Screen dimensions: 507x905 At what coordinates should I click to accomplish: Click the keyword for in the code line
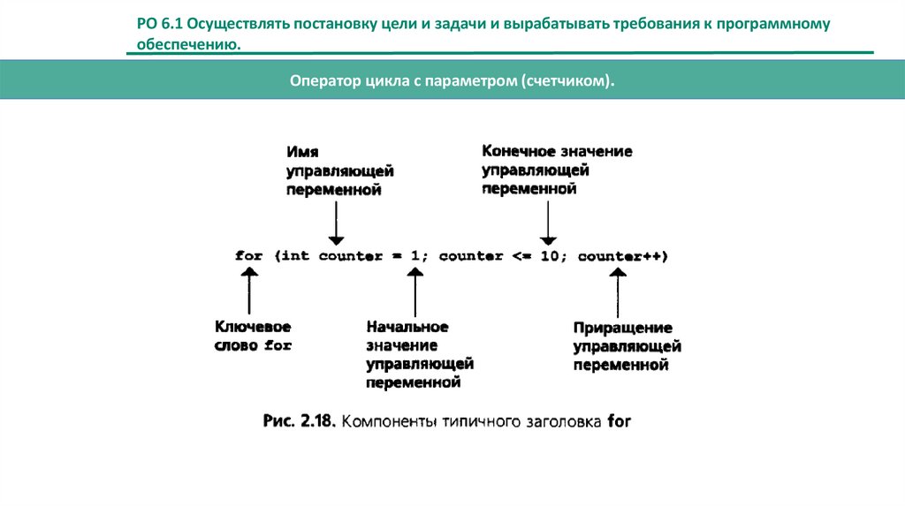tap(249, 257)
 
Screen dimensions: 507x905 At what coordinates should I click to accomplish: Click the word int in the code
tap(296, 257)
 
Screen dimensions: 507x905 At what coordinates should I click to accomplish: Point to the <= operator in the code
tap(519, 257)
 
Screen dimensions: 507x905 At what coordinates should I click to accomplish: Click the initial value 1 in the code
tap(414, 257)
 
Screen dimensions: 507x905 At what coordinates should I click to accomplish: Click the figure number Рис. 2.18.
tap(297, 421)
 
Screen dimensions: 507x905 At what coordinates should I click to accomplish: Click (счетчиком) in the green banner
tap(567, 81)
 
